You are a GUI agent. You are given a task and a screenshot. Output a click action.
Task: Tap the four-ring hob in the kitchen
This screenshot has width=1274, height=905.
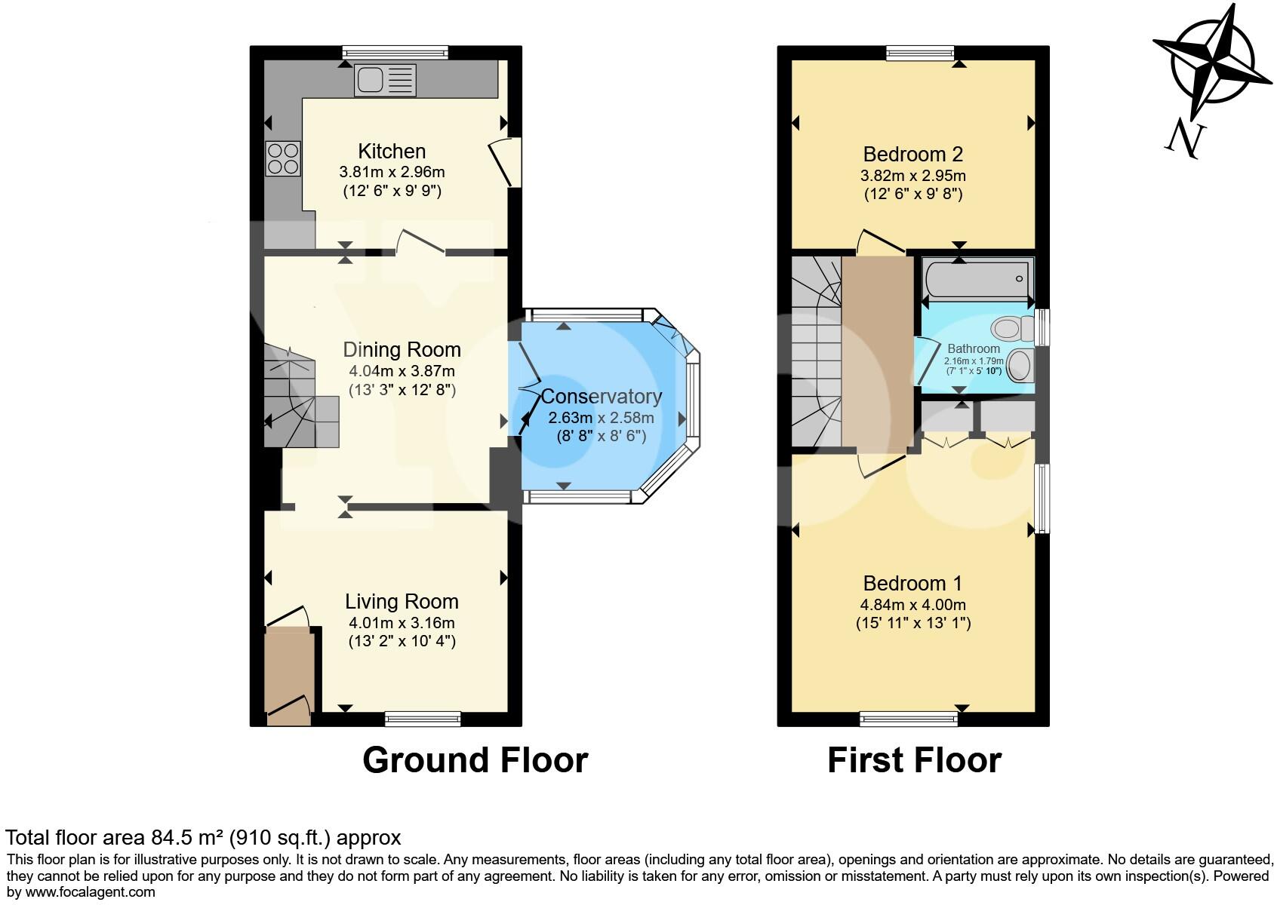[282, 159]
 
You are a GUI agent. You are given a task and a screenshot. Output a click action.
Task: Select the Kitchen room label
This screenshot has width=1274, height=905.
[392, 151]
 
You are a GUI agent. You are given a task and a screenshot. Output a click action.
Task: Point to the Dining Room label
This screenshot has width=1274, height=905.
[402, 350]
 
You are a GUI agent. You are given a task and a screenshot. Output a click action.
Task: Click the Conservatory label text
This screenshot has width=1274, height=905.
[602, 397]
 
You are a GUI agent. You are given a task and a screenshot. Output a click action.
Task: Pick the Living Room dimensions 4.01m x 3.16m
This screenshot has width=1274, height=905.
[402, 623]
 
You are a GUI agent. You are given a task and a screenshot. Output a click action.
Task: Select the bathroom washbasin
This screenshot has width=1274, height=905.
[1019, 366]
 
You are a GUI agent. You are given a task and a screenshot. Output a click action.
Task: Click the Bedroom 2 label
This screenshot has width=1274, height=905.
[912, 155]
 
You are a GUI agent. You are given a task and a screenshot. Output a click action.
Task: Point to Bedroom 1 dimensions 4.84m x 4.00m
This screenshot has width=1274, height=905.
[912, 605]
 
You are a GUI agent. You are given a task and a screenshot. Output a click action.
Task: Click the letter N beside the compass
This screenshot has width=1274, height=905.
[1186, 140]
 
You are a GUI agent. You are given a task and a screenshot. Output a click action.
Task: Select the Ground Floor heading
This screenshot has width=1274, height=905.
[475, 760]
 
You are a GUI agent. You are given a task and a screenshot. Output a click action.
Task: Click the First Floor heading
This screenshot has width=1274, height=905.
[914, 760]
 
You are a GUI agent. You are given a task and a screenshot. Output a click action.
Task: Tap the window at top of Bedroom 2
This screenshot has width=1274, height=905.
[920, 53]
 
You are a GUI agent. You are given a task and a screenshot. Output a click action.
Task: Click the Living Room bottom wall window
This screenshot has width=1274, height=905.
[423, 719]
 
